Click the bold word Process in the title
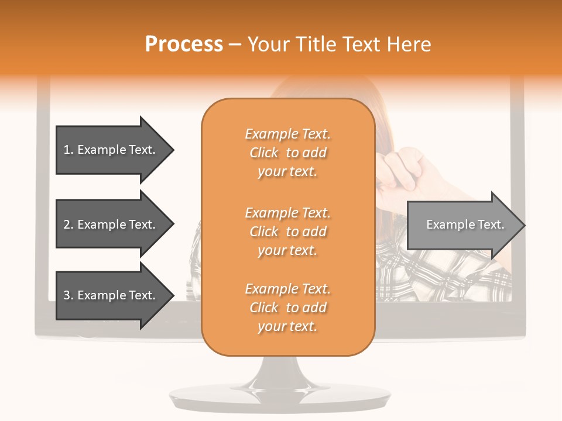[x=184, y=44]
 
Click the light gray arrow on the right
[x=465, y=225]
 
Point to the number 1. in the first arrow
[x=68, y=150]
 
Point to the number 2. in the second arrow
[x=68, y=225]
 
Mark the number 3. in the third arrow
[x=68, y=295]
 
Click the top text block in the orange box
[x=287, y=153]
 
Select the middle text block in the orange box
[x=287, y=232]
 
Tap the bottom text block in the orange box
[x=287, y=308]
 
